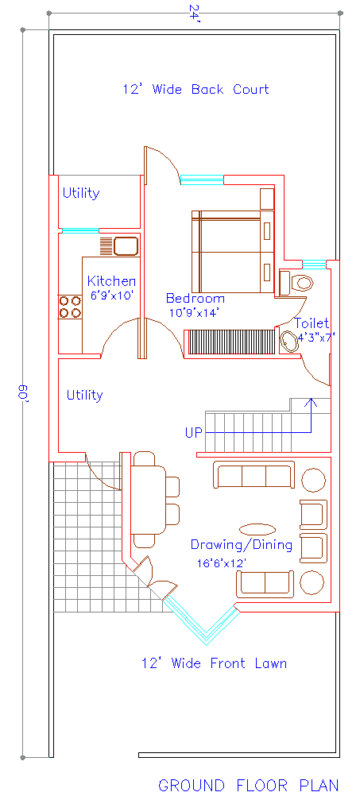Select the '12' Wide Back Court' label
tap(195, 89)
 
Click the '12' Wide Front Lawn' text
tap(214, 663)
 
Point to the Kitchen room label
tap(111, 281)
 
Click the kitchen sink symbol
tap(126, 245)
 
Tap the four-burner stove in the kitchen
tap(70, 307)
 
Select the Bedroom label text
tap(195, 299)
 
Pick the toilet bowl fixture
tap(301, 282)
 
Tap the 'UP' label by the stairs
tap(193, 433)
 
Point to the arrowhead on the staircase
tap(312, 402)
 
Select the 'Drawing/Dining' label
tap(241, 545)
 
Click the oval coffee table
tap(258, 528)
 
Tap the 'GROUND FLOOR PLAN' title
tap(248, 785)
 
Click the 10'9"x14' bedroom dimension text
tap(194, 313)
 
